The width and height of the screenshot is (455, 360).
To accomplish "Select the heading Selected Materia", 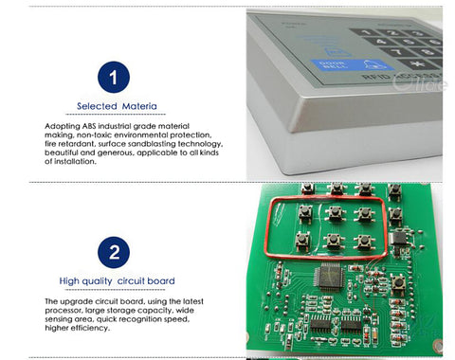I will (117, 106).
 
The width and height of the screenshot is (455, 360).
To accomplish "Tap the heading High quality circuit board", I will (117, 281).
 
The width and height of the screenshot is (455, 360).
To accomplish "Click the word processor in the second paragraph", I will (68, 310).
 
